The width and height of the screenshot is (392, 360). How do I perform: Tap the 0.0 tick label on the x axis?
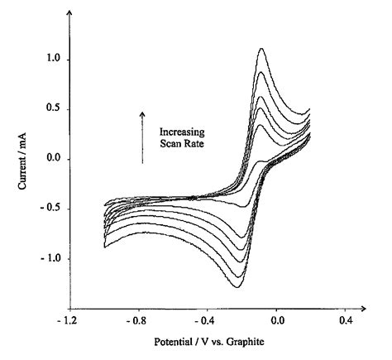click(277, 319)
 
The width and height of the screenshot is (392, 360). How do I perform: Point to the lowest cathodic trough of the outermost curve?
click(237, 287)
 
